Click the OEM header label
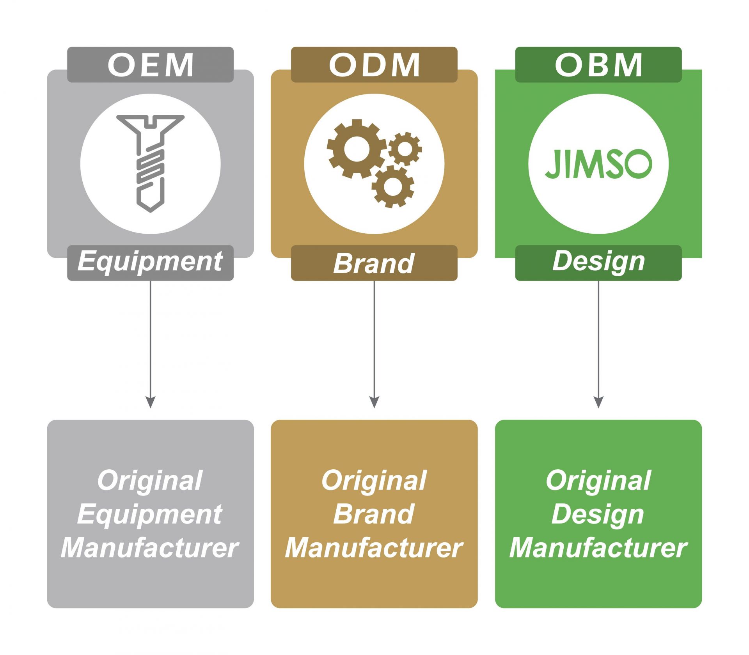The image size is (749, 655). point(150,65)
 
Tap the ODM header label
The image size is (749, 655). point(374,65)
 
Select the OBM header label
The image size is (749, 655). point(598,65)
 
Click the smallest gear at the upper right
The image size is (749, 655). point(405,149)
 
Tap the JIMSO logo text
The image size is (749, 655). point(598,163)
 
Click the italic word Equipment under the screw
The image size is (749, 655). point(150,261)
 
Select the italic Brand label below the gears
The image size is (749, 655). point(374,263)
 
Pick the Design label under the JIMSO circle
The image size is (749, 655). point(598,261)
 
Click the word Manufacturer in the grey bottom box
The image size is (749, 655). point(150,548)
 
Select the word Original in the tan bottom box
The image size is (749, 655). point(374,480)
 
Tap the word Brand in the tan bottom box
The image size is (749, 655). point(374,514)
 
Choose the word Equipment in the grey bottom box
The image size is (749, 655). point(150,514)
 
